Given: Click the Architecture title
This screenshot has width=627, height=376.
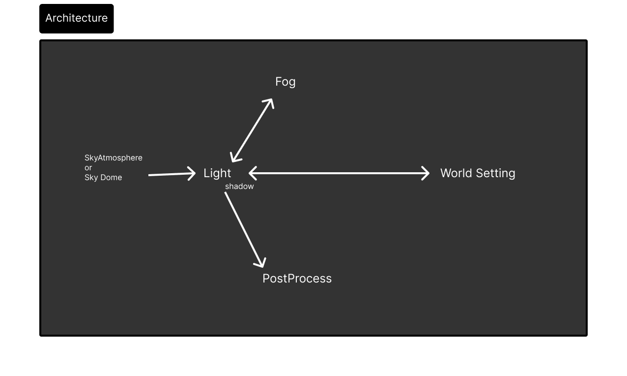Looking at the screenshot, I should pyautogui.click(x=76, y=18).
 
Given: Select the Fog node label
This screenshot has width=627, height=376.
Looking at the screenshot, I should pyautogui.click(x=285, y=82).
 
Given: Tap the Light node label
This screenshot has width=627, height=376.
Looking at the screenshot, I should pyautogui.click(x=217, y=173).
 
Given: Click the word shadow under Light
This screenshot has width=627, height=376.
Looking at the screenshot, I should pyautogui.click(x=239, y=187).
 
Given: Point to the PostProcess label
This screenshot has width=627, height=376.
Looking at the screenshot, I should pyautogui.click(x=297, y=279).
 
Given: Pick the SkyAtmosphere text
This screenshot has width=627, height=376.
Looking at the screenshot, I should pyautogui.click(x=114, y=158).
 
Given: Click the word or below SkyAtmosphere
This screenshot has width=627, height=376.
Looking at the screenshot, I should pyautogui.click(x=88, y=168).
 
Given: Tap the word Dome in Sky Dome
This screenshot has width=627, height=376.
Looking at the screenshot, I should pyautogui.click(x=112, y=178).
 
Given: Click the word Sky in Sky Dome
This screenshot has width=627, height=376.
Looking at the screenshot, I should pyautogui.click(x=91, y=178).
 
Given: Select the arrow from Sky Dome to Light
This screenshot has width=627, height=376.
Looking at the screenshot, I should pyautogui.click(x=170, y=174).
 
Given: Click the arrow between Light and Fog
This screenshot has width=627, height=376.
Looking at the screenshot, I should pyautogui.click(x=252, y=130).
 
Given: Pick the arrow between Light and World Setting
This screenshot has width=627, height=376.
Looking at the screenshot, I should pyautogui.click(x=339, y=173).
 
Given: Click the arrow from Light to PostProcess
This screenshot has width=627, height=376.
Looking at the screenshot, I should pyautogui.click(x=244, y=228).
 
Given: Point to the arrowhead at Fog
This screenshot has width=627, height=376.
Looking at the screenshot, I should pyautogui.click(x=270, y=102).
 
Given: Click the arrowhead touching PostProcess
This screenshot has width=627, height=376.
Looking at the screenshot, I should pyautogui.click(x=261, y=263).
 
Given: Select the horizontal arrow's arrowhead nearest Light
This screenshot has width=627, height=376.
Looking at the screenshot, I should pyautogui.click(x=252, y=173).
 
